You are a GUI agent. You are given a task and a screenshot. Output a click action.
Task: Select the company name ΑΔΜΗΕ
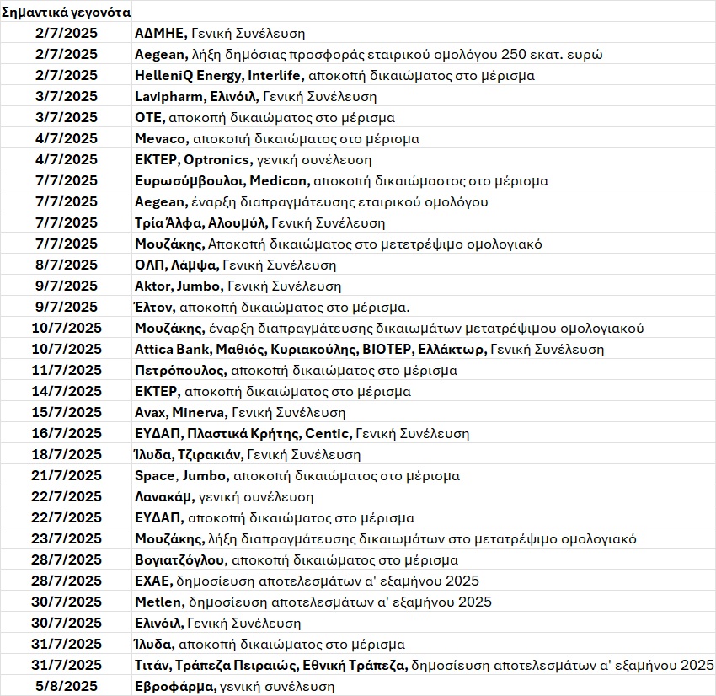coord(160,34)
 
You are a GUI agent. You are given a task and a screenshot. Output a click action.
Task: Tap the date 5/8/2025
coord(67,686)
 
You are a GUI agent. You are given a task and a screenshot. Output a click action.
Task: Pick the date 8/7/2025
coord(67,265)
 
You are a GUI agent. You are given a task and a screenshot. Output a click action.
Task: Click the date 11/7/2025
coord(67,370)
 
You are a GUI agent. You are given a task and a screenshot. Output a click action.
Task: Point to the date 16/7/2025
coord(67,433)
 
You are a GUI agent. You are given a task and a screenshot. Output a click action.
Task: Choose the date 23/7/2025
coord(67,538)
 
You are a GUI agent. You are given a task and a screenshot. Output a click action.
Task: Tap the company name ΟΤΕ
coord(149,118)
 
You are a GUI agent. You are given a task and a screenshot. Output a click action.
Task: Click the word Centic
coord(329,433)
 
